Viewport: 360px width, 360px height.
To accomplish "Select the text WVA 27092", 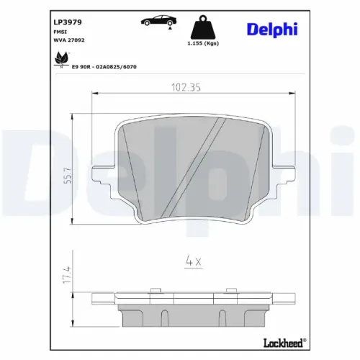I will coord(70,42).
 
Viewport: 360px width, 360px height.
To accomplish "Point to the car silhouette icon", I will coord(161,20).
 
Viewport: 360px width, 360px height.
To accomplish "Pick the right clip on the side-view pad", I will coord(233,291).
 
